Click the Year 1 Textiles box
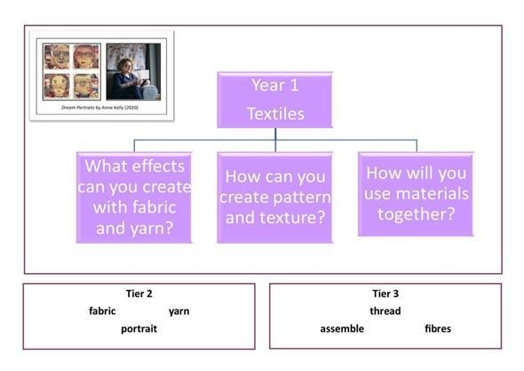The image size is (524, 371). tap(275, 100)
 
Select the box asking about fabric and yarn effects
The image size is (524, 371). tap(134, 198)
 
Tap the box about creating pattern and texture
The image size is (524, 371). tap(275, 198)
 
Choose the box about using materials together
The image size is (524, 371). tap(416, 194)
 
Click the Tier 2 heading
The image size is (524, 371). tap(139, 294)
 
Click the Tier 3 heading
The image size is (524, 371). tap(385, 294)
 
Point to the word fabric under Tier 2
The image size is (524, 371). tap(102, 311)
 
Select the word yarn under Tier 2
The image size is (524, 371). tap(179, 311)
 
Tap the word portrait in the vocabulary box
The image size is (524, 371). tap(139, 329)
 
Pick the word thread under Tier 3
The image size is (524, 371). tap(385, 311)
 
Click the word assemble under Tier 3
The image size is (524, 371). tap(342, 328)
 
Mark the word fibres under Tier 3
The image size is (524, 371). tap(438, 328)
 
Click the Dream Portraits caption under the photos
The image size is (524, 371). tap(99, 108)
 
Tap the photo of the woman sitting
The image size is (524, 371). tap(133, 71)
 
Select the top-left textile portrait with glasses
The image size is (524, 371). tap(57, 56)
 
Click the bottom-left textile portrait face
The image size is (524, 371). tap(57, 85)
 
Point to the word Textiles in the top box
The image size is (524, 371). tap(275, 114)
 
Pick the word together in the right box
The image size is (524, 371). tap(416, 214)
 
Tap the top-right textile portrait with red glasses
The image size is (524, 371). tap(86, 56)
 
